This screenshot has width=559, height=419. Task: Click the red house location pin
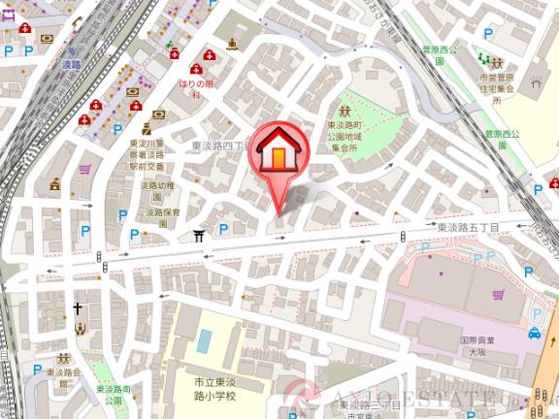pyautogui.click(x=280, y=153)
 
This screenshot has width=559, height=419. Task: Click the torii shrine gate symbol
pyautogui.click(x=199, y=234)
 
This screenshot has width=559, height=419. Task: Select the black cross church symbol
pyautogui.click(x=78, y=308)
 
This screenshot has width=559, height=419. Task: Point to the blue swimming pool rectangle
pyautogui.click(x=204, y=340)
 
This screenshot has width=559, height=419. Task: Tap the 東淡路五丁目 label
pyautogui.click(x=467, y=227)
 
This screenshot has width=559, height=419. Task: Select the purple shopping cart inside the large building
pyautogui.click(x=498, y=294)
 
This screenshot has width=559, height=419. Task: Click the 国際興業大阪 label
pyautogui.click(x=475, y=348)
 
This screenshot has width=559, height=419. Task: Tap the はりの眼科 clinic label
pyautogui.click(x=195, y=89)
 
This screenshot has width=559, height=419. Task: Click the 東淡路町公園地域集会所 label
pyautogui.click(x=344, y=137)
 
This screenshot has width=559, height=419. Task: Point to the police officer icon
pyautogui.click(x=147, y=127)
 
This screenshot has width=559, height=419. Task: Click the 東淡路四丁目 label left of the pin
pyautogui.click(x=219, y=145)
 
